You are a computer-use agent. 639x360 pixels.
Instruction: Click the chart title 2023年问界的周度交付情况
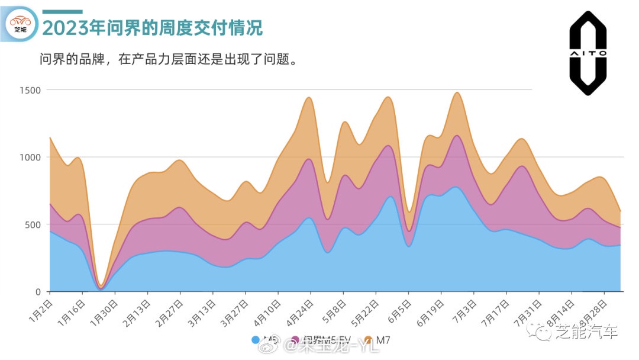click(x=153, y=27)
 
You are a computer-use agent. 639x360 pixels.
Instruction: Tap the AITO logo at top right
click(x=588, y=53)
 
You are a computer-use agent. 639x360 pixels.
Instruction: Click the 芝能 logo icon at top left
click(x=21, y=24)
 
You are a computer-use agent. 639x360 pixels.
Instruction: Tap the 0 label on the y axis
click(x=38, y=292)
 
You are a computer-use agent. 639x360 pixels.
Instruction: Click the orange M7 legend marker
click(x=368, y=340)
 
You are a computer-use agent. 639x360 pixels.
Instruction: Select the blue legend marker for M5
click(x=256, y=340)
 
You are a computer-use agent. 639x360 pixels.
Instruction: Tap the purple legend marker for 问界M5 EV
click(x=295, y=340)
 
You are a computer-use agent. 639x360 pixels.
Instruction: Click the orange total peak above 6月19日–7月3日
click(x=456, y=92)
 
